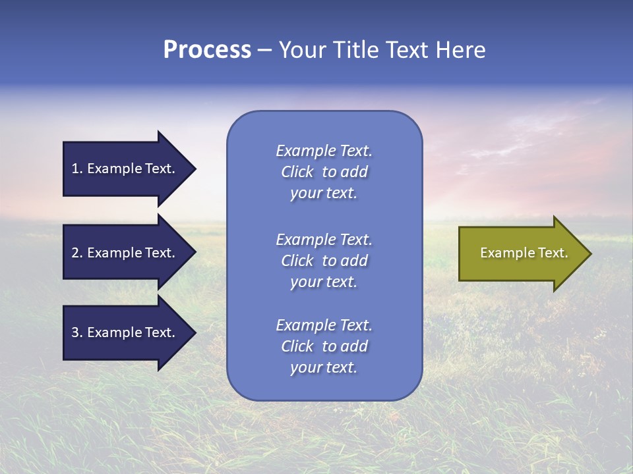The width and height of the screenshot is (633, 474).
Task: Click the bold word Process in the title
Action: click(207, 50)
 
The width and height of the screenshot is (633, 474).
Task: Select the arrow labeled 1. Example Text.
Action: click(123, 169)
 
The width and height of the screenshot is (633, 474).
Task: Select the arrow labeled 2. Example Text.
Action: click(123, 253)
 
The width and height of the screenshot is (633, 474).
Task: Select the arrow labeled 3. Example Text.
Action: click(123, 332)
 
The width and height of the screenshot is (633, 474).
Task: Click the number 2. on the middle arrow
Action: click(76, 253)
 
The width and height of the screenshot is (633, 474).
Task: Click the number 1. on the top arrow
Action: click(76, 169)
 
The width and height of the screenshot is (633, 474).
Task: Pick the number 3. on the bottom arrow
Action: click(76, 332)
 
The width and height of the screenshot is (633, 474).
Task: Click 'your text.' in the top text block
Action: click(324, 194)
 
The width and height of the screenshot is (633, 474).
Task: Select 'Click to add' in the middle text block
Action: click(324, 261)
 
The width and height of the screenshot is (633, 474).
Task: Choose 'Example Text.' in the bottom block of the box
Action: click(324, 325)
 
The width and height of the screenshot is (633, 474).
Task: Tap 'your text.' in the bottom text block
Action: click(324, 368)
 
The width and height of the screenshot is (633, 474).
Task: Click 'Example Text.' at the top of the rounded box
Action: click(324, 151)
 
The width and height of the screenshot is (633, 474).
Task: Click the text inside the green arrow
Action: click(524, 253)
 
